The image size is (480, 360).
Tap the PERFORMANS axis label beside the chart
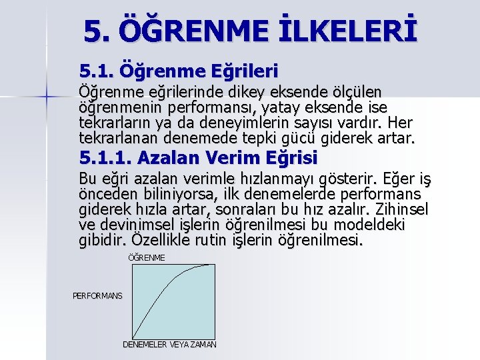97,295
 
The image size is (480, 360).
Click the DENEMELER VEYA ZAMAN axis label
169,345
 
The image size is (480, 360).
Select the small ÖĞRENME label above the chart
146,257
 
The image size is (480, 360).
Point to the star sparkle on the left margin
46,97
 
